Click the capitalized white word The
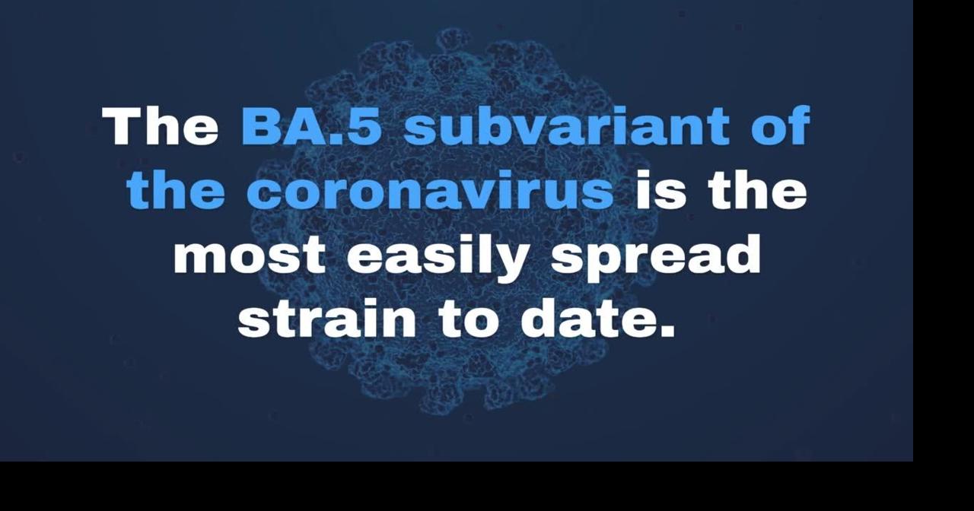coord(160,126)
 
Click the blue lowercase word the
coord(176,190)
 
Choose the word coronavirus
coord(430,190)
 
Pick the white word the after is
coord(757,190)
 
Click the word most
coord(249,256)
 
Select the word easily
coord(438,259)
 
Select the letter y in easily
coord(507,263)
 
